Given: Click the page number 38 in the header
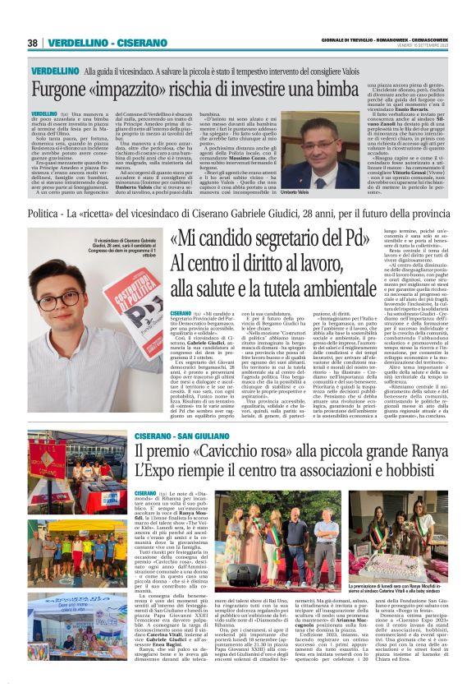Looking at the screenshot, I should tap(34, 43).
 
